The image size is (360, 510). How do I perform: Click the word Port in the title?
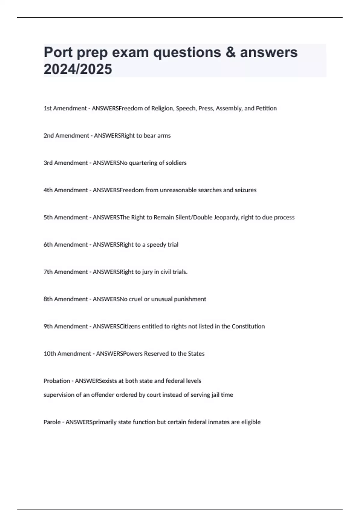[58, 52]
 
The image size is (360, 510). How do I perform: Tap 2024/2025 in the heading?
[78, 69]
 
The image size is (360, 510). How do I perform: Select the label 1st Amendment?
[65, 108]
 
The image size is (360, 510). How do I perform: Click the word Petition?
[266, 108]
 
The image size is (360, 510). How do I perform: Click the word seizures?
[245, 190]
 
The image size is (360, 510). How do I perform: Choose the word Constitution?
[248, 326]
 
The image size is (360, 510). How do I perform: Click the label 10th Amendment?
[67, 354]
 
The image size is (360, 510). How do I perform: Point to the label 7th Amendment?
[66, 272]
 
